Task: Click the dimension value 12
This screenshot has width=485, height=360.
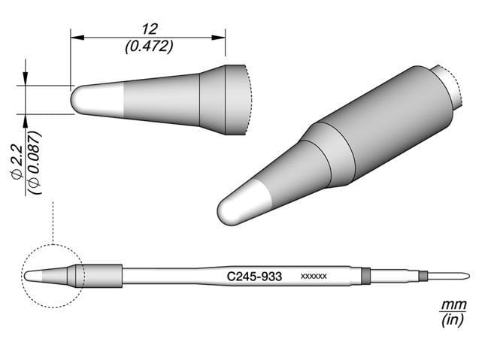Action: pos(148,29)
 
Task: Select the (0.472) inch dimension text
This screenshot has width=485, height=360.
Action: pos(148,45)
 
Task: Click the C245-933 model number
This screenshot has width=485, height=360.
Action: pos(254,277)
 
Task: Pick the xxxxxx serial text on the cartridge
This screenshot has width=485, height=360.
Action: pos(313,277)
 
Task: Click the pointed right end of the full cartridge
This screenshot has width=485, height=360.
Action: pos(467,276)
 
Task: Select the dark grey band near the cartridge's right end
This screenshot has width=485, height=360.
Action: pos(366,276)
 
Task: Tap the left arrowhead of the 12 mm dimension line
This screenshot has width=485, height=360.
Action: pos(74,35)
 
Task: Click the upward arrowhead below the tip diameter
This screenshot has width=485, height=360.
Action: pos(26,119)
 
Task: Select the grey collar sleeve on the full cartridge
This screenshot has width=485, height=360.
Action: pos(102,276)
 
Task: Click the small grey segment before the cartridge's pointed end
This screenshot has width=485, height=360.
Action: pos(423,276)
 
